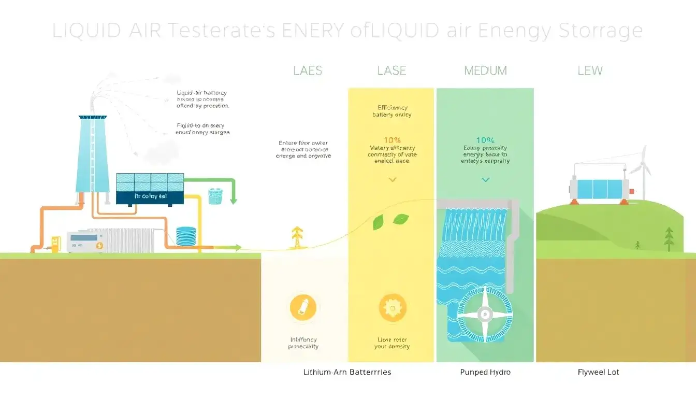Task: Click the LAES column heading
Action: [308, 70]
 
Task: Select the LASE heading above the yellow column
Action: [392, 70]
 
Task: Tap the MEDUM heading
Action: [485, 70]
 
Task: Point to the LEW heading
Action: [590, 70]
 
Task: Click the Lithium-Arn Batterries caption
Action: [347, 372]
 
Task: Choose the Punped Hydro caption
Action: [485, 372]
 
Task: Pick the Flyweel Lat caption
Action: [598, 372]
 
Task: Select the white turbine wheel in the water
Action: [485, 314]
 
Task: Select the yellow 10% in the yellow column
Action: [392, 140]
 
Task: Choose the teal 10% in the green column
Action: [485, 140]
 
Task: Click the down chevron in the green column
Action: [485, 180]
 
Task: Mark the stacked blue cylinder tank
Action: [187, 236]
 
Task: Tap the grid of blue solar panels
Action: [150, 182]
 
